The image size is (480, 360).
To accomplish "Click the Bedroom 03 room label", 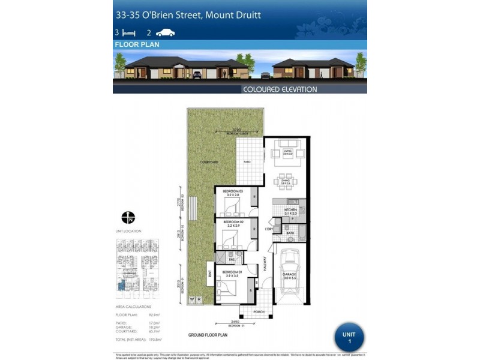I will (x=232, y=193).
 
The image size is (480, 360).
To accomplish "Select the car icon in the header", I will (x=165, y=33).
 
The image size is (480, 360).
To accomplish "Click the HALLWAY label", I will (x=265, y=277).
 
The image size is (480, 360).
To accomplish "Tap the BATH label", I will (x=290, y=234).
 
